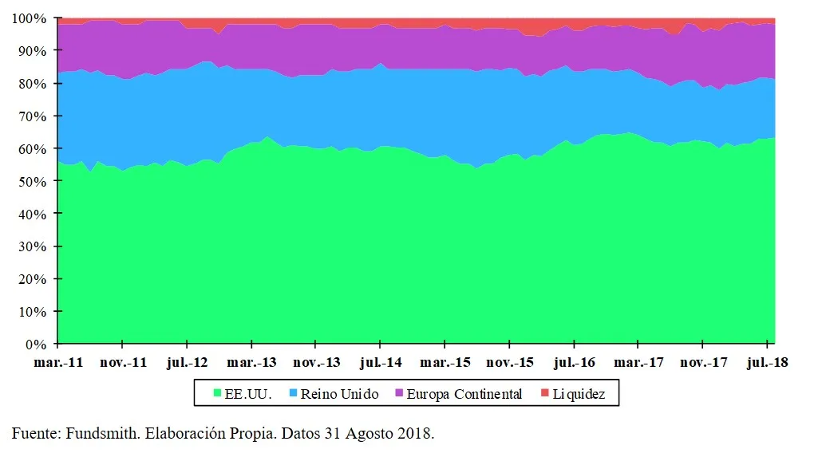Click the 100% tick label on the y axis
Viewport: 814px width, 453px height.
point(30,18)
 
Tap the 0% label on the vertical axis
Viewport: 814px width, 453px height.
point(37,345)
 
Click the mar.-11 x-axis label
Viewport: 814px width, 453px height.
point(57,363)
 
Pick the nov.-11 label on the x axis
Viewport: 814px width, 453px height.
point(122,363)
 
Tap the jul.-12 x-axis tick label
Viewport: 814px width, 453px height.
point(187,363)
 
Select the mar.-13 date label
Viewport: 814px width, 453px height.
point(251,363)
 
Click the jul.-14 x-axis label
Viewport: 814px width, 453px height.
point(380,363)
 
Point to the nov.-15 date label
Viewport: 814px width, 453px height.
point(509,363)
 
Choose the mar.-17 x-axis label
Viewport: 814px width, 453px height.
point(638,363)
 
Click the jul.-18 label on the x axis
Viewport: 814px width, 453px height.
point(766,363)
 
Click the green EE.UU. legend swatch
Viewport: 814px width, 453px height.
point(218,394)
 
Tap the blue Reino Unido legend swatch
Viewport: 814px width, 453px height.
point(293,394)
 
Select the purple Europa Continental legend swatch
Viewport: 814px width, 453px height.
point(399,394)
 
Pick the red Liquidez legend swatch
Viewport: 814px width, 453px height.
point(545,394)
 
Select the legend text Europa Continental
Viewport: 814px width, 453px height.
point(464,394)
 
